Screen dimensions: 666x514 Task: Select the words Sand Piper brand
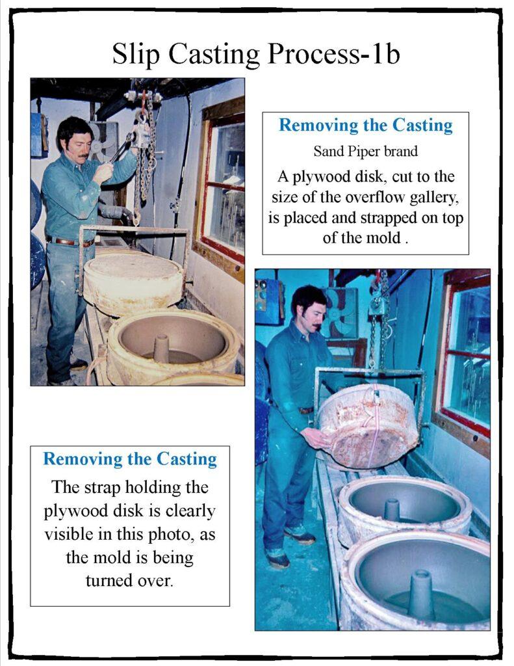pyautogui.click(x=365, y=151)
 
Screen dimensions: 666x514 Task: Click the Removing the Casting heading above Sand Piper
pyautogui.click(x=365, y=126)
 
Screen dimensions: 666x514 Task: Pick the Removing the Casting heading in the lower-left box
pyautogui.click(x=130, y=459)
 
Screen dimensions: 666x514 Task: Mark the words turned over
pyautogui.click(x=130, y=580)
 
